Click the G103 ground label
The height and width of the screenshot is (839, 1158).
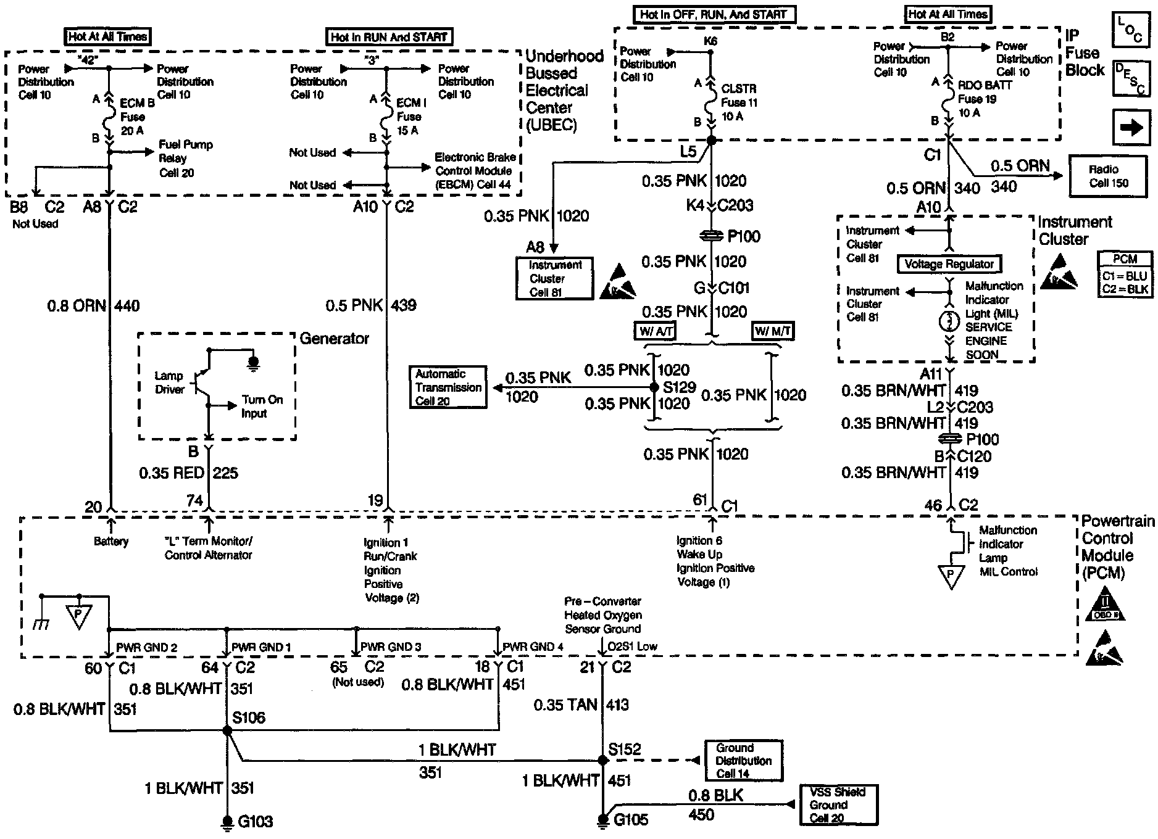255,821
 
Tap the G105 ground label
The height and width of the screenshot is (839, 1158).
631,820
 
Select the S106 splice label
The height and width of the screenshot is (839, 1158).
249,717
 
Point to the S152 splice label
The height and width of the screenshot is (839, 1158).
625,749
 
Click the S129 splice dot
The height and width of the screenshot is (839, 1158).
654,387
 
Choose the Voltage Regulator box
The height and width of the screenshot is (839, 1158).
949,265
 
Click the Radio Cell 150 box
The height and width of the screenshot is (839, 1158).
1108,176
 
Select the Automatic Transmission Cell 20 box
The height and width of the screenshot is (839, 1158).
448,387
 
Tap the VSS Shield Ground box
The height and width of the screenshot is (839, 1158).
838,805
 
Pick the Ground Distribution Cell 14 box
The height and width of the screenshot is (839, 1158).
744,761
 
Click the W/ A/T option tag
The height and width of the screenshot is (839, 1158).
656,332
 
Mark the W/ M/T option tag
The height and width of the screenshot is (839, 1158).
773,332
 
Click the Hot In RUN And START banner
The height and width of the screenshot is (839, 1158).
389,37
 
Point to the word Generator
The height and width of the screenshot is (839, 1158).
334,339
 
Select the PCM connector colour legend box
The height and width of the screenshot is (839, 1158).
1125,275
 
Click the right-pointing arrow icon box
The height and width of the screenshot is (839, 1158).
1131,128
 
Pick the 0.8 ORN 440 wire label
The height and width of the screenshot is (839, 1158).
94,306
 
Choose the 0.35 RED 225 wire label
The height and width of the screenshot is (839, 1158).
188,473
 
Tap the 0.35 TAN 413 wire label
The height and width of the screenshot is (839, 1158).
581,705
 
